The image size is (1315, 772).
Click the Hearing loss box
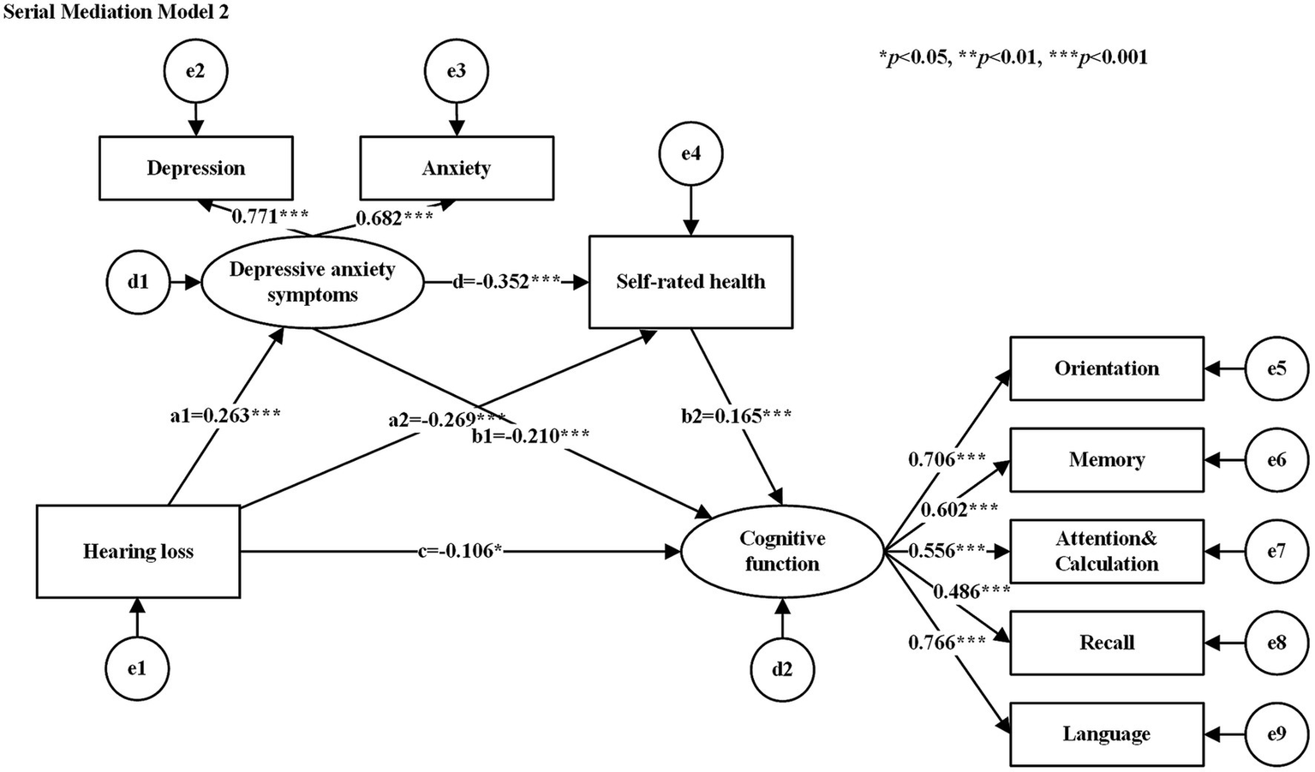tap(138, 551)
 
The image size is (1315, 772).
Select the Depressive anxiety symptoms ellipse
tap(312, 282)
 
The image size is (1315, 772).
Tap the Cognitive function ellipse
tap(781, 551)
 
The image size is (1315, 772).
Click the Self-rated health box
tap(690, 282)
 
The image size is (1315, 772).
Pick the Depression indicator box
tap(195, 168)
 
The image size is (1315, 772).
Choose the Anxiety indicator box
tap(456, 168)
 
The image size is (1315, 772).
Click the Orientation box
tap(1106, 368)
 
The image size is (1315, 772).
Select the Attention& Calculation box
tap(1106, 551)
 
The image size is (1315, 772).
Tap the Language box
tap(1106, 734)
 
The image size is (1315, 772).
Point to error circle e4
tap(690, 154)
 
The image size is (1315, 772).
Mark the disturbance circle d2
tap(781, 669)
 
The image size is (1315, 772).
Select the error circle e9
tap(1276, 734)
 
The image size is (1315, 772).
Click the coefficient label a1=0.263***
tap(225, 416)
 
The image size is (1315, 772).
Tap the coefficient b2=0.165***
tap(736, 416)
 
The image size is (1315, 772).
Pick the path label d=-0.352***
tap(506, 282)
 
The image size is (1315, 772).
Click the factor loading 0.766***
tap(947, 643)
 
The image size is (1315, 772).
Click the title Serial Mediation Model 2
tap(116, 13)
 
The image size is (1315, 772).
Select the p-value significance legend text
tap(1013, 57)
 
